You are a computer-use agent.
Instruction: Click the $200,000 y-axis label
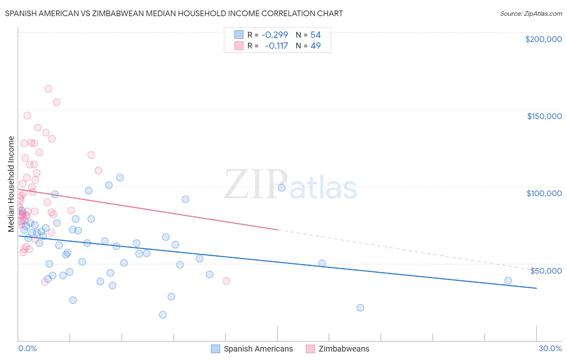[x=543, y=39]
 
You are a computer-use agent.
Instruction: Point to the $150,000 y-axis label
[x=544, y=116]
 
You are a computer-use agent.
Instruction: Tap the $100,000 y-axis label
[x=544, y=193]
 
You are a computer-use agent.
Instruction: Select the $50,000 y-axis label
[x=546, y=270]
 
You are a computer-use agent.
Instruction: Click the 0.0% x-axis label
[x=27, y=348]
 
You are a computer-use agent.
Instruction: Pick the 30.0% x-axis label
[x=550, y=348]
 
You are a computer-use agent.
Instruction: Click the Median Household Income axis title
[x=11, y=184]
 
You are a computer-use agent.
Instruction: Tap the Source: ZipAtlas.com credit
[x=531, y=13]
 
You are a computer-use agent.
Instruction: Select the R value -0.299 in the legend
[x=275, y=35]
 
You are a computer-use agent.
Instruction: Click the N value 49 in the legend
[x=315, y=46]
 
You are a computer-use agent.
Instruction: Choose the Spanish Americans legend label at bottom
[x=258, y=349]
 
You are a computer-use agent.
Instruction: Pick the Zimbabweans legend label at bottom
[x=344, y=349]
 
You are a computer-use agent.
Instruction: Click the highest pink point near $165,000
[x=48, y=89]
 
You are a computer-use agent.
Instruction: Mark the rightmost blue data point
[x=508, y=280]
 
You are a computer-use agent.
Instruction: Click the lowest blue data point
[x=163, y=315]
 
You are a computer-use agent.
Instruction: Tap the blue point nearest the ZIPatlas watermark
[x=282, y=188]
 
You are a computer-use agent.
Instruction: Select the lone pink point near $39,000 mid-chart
[x=226, y=281]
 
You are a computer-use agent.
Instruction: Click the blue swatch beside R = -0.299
[x=239, y=35]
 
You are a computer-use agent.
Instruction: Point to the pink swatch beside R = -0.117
[x=239, y=46]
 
